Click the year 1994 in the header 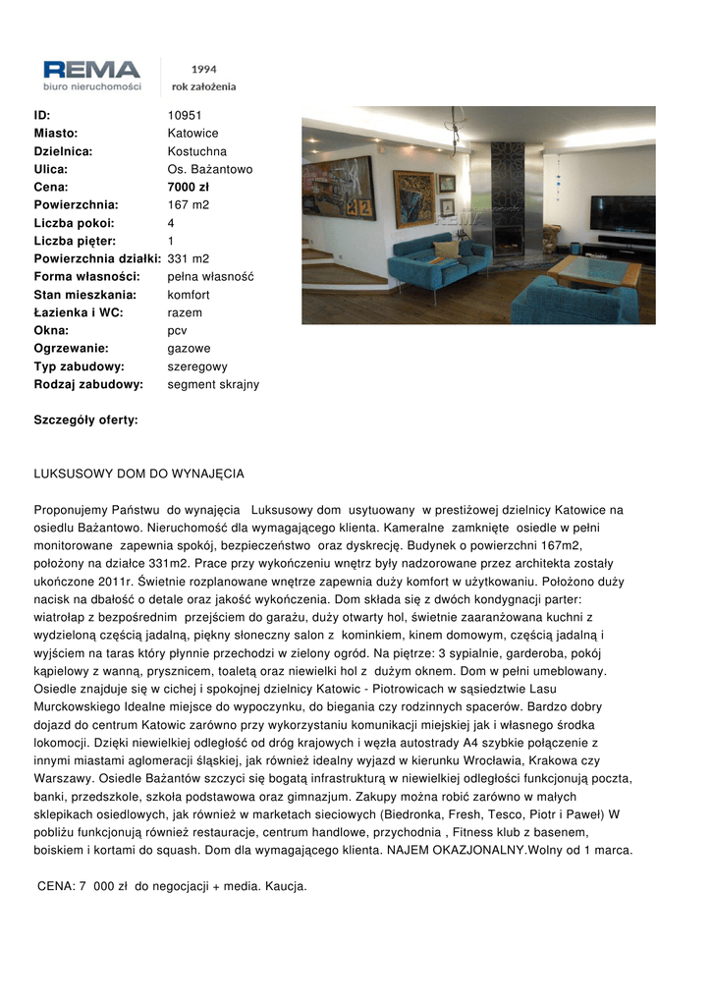(x=204, y=70)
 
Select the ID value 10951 (x=185, y=115)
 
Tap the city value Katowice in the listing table (x=192, y=133)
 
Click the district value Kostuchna (x=196, y=151)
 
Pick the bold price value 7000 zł (x=189, y=187)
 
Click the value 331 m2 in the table (x=188, y=258)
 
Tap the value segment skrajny (x=213, y=384)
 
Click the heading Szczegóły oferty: (x=86, y=419)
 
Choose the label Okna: (x=51, y=330)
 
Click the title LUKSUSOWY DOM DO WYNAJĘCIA (x=138, y=474)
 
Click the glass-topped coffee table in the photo (x=593, y=271)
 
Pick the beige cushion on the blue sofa (x=446, y=250)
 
